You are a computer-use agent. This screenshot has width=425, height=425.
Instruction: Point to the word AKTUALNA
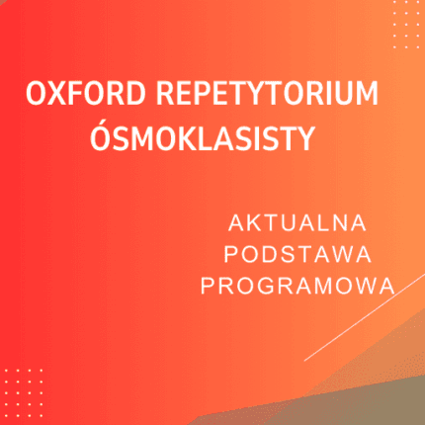[297, 221]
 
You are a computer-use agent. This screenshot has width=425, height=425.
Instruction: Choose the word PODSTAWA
[297, 253]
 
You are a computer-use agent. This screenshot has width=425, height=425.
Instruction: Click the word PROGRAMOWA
[297, 285]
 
